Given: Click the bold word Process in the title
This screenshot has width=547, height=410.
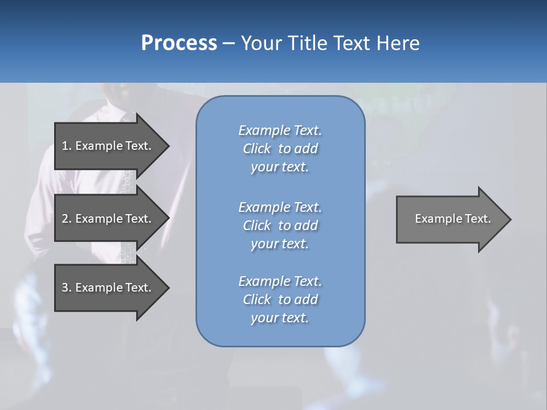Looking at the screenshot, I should pos(179,43).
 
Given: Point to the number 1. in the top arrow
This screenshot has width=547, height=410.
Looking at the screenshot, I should pos(66,146).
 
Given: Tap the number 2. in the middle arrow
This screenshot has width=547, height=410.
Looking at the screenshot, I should pos(66,219).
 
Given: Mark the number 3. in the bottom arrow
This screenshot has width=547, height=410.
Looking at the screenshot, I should pos(66,288).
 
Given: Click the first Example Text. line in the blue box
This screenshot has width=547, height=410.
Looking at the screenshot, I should pos(280,130).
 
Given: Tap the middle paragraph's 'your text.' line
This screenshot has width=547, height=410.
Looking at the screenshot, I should pos(280,244).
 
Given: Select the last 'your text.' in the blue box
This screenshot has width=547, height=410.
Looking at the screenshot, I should pos(280,318).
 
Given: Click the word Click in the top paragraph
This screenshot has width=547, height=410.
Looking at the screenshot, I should pos(257,149).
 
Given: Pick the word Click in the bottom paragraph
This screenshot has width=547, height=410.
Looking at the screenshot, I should pos(257,300).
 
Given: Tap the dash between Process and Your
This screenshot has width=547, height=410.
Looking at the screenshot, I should pos(229,43).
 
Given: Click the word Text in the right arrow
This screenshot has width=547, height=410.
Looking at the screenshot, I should pos(477,219).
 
